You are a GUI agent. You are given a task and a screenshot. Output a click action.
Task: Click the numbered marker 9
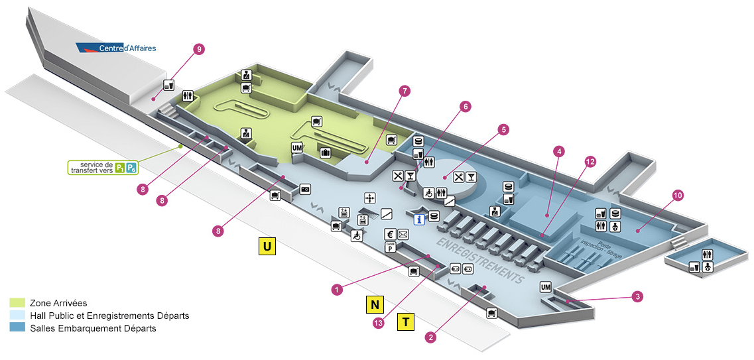click(198, 49)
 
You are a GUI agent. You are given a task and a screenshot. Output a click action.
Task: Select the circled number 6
click(466, 106)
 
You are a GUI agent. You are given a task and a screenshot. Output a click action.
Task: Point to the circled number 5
click(503, 130)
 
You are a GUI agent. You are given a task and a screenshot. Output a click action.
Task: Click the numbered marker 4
click(559, 152)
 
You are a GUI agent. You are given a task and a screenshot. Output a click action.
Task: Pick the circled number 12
click(590, 162)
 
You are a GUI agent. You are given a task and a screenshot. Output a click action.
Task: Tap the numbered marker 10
click(678, 196)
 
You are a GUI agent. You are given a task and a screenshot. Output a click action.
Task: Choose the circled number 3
click(637, 296)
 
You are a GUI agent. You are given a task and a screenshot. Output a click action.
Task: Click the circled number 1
click(338, 289)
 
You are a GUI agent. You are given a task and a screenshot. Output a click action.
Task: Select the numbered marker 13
click(379, 323)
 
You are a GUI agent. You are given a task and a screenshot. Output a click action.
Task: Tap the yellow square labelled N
click(375, 304)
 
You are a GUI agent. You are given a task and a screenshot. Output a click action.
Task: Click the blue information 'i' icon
click(418, 219)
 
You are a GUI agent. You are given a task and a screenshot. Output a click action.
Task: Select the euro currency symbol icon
click(391, 234)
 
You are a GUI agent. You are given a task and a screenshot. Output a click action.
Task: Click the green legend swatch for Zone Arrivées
click(18, 303)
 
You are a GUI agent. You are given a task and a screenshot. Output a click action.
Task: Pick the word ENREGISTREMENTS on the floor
click(480, 258)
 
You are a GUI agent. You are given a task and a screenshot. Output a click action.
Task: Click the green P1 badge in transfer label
click(120, 167)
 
